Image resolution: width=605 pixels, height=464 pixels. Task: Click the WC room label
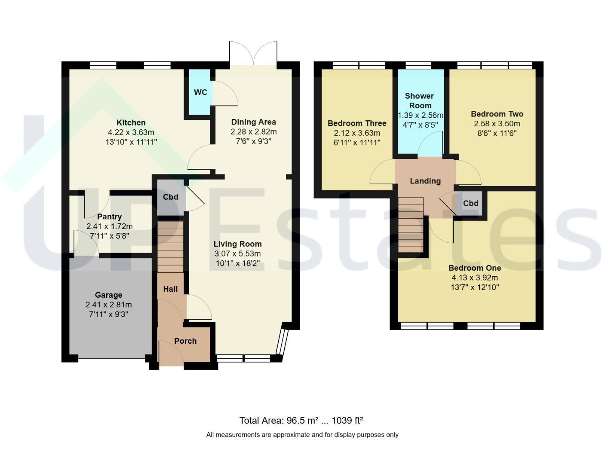pyautogui.click(x=200, y=92)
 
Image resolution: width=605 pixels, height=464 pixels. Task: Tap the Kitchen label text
pyautogui.click(x=131, y=123)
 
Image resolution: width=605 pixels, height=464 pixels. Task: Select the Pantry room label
pyautogui.click(x=109, y=217)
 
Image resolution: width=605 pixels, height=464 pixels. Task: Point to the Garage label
pyautogui.click(x=109, y=295)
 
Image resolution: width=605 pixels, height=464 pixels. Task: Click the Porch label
pyautogui.click(x=185, y=341)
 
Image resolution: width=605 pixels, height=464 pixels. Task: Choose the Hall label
pyautogui.click(x=170, y=289)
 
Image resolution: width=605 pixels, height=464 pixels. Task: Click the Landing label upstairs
pyautogui.click(x=425, y=181)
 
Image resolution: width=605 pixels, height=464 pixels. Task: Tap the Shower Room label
pyautogui.click(x=420, y=101)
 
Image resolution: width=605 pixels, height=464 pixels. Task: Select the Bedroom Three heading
pyautogui.click(x=357, y=123)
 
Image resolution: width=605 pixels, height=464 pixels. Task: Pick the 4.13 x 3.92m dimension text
pyautogui.click(x=475, y=278)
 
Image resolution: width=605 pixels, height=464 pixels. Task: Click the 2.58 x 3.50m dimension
pyautogui.click(x=497, y=123)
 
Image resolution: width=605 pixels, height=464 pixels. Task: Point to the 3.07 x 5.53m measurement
pyautogui.click(x=237, y=254)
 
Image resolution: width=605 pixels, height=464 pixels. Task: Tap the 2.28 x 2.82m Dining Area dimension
pyautogui.click(x=253, y=131)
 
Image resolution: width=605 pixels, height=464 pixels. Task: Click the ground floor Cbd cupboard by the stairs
pyautogui.click(x=171, y=197)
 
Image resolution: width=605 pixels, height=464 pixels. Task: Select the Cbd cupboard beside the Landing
pyautogui.click(x=470, y=203)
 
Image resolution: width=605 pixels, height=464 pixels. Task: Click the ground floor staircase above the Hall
pyautogui.click(x=170, y=247)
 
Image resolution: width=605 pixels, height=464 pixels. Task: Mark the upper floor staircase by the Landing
pyautogui.click(x=411, y=225)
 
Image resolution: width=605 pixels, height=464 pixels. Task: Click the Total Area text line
pyautogui.click(x=301, y=420)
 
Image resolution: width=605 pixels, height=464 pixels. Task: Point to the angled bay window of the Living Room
pyautogui.click(x=283, y=342)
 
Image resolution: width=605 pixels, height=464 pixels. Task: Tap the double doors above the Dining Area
pyautogui.click(x=253, y=53)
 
